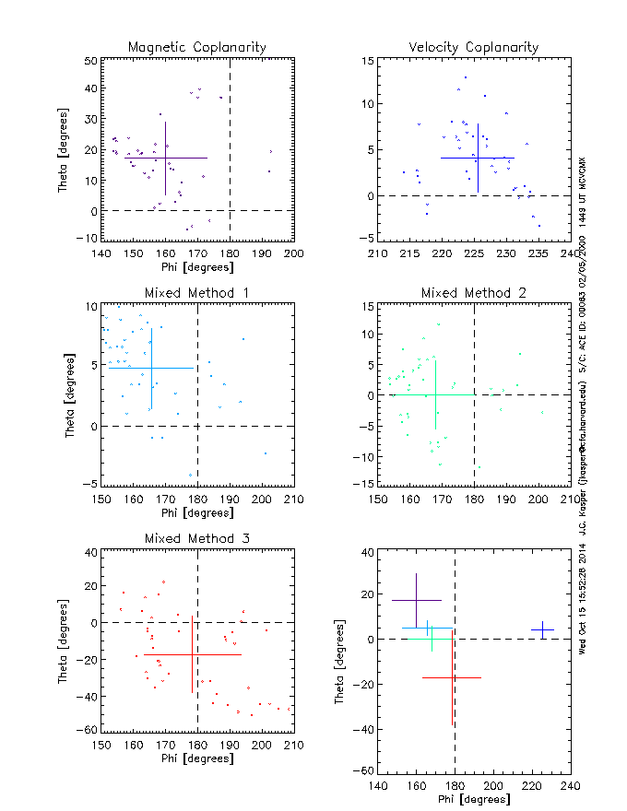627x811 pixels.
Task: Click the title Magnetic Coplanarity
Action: coord(197,47)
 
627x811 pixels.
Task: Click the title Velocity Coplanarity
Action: coord(474,47)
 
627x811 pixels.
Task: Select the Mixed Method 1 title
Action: coord(197,293)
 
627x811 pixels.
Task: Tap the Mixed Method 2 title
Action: coord(474,293)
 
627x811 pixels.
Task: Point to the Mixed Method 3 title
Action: coord(197,538)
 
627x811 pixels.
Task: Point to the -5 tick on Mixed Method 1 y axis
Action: coord(90,485)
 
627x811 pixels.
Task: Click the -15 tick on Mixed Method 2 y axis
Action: coord(365,485)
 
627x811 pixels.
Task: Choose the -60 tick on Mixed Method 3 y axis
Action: coord(89,730)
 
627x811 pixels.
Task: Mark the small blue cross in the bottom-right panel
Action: coord(542,630)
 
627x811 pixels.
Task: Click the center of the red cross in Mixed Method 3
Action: coord(192,654)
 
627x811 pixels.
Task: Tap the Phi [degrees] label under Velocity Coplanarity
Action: coord(474,267)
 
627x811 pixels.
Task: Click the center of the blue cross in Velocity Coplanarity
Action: coord(478,158)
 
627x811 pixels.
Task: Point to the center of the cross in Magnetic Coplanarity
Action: coord(166,158)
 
